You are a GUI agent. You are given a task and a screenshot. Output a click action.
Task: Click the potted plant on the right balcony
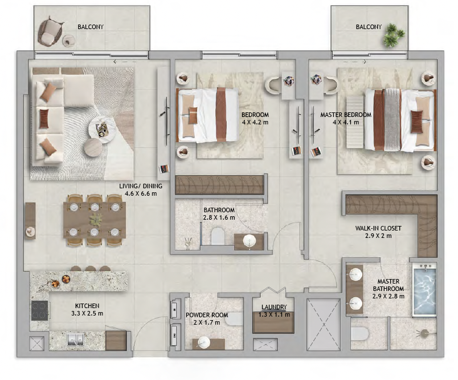coord(394,35)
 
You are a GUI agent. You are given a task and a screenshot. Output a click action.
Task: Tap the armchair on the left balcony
coord(50,33)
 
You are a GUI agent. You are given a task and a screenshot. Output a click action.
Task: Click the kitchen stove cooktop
coord(39,310)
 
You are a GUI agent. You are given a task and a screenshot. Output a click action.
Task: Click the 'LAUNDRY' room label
coord(274,307)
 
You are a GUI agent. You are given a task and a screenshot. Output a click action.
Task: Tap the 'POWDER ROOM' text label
coord(207,315)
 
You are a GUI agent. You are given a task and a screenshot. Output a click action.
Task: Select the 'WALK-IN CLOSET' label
coord(378,228)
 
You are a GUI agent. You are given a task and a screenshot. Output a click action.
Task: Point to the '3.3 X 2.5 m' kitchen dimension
coord(87,313)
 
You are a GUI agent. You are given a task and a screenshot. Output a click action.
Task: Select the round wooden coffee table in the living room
coord(93,148)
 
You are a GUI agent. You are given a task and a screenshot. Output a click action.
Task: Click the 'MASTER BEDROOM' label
coord(346,115)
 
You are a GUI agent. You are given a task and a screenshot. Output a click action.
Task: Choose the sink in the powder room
coord(203,342)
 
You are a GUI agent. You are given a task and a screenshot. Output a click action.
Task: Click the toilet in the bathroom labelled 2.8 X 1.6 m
coord(217,236)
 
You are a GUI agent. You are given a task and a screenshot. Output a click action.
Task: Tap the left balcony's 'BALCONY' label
coord(91,27)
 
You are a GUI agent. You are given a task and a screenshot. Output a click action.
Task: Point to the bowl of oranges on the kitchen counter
coord(66,280)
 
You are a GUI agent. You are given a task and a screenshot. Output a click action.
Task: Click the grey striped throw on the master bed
coord(392,119)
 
